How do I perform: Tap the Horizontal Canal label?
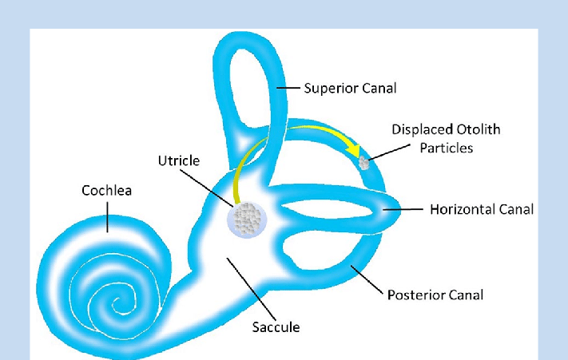point(481,210)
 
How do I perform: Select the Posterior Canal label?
point(435,295)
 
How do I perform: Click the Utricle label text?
point(178,160)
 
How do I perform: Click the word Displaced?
point(419,129)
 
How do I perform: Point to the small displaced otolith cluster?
point(364,163)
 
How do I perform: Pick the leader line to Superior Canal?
point(290,87)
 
